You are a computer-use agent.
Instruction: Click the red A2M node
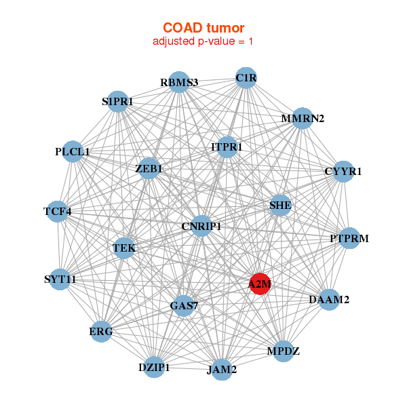pos(260,285)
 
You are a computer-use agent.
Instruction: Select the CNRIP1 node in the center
pos(201,226)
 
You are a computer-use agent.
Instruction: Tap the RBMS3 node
pos(178,82)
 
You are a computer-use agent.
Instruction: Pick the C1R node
pos(246,78)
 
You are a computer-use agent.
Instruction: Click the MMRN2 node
pos(303,119)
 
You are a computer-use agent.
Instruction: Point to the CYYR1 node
pos(343,171)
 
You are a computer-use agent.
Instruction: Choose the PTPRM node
pos(349,238)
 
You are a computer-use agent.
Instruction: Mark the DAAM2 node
pos(329,299)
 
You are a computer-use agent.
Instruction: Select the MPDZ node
pos(283,351)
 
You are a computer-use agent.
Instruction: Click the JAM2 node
pos(222,370)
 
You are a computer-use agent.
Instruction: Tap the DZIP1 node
pos(154,367)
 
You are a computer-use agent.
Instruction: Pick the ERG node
pos(101,332)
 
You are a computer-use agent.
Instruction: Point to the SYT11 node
pos(60,279)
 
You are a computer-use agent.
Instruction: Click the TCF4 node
pos(58,212)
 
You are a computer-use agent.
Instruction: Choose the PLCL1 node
pos(73,151)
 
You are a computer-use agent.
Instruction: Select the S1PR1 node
pos(117,102)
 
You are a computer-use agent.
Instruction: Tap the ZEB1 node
pos(149,168)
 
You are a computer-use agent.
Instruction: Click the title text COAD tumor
pos(203,28)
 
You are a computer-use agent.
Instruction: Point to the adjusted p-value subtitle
pos(203,42)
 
